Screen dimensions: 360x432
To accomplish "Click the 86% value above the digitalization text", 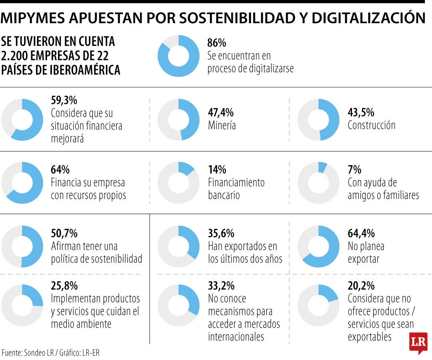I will (x=217, y=43).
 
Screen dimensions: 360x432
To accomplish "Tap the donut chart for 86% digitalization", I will (x=178, y=56).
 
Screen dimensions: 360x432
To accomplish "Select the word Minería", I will (x=222, y=125).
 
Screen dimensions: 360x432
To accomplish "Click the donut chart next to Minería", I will (x=178, y=120).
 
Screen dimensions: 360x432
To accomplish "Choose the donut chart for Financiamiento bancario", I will (x=178, y=182).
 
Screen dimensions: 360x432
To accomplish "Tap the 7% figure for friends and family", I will (x=354, y=170).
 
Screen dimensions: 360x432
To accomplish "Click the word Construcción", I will (x=371, y=125).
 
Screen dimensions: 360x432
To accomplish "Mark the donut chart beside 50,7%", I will (x=22, y=246).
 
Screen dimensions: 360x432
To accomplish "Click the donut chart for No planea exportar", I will (x=318, y=246).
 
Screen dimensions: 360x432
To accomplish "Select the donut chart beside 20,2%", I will (x=318, y=305).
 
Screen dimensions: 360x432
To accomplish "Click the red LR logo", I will (x=418, y=342).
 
